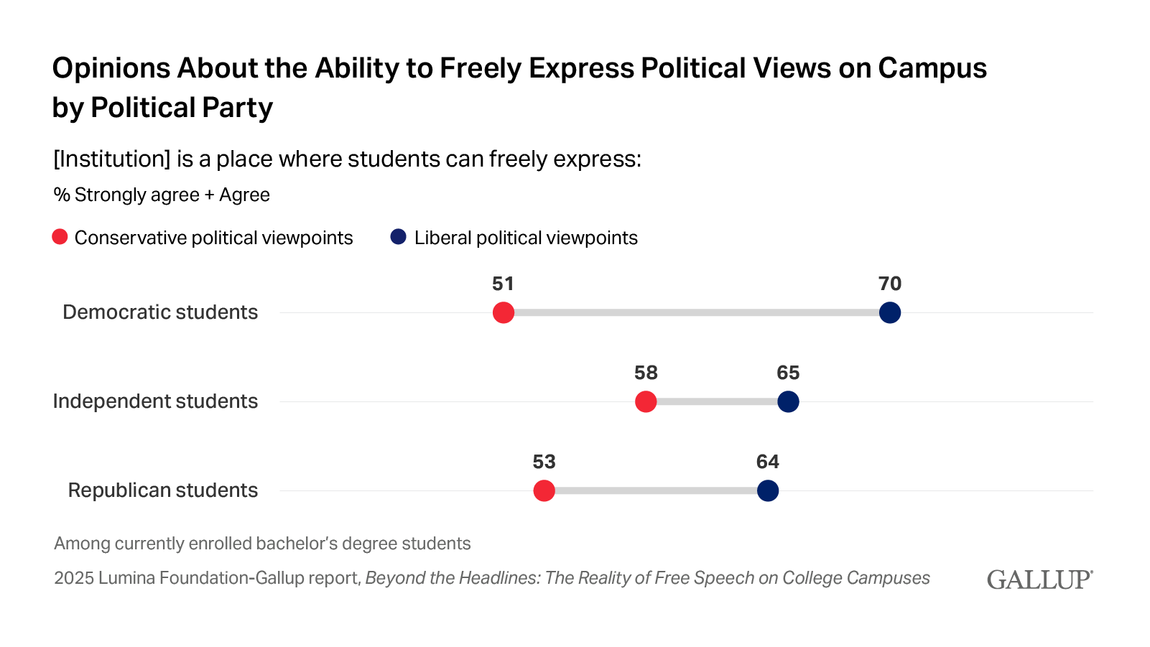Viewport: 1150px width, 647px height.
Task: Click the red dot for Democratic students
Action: [x=504, y=313]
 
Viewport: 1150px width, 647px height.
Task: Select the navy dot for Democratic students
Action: [x=890, y=313]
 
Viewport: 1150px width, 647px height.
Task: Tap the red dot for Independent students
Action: [x=646, y=402]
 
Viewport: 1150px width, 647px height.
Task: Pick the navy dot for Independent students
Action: [x=788, y=402]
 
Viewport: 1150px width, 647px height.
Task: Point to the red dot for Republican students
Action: [x=544, y=491]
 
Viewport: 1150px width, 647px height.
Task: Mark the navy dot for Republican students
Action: [x=768, y=491]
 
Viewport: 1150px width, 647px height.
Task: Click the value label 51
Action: [x=503, y=284]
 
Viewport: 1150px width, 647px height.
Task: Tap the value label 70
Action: [x=890, y=284]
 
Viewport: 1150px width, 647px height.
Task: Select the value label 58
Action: [x=646, y=373]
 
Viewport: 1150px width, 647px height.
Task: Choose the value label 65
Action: [x=788, y=373]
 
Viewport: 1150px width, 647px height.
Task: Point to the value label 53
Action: [x=544, y=462]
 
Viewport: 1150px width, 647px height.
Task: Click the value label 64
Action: [x=768, y=462]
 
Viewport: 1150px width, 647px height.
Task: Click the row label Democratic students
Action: [x=160, y=312]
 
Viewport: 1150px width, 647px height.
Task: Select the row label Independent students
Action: [x=155, y=401]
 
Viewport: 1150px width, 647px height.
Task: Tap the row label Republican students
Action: [x=163, y=490]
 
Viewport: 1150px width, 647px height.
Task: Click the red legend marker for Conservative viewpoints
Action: [x=60, y=237]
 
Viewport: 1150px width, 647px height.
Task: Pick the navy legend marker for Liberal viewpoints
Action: [x=399, y=237]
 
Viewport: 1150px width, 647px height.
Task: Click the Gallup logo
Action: [x=1039, y=579]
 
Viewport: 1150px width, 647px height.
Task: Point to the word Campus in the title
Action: [x=932, y=68]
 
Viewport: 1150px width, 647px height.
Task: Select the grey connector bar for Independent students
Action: [x=717, y=402]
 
